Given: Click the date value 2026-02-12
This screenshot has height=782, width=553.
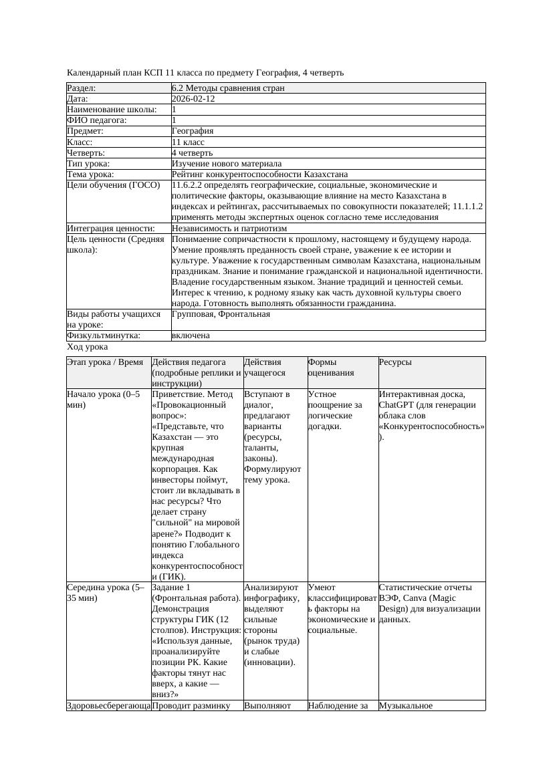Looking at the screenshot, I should coord(193,98).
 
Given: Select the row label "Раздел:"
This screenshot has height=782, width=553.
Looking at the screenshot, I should coord(82,88).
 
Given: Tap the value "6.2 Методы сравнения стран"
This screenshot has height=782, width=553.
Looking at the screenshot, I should coord(228,88).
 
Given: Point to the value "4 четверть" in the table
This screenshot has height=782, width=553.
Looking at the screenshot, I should coord(192,152).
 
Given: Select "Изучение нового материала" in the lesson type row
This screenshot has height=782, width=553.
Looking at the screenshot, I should coord(227,163).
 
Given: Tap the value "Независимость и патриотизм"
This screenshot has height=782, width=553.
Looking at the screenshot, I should coord(229,228).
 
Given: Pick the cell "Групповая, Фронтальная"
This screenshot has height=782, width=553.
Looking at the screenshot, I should coord(221,313).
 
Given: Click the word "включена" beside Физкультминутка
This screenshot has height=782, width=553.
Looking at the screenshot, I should coord(191,336).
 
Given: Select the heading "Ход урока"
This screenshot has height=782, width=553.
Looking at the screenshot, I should coord(88,347).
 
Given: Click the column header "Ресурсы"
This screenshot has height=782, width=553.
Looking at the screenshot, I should coord(395,362).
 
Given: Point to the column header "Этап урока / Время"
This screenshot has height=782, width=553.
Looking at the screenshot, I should coord(105,362).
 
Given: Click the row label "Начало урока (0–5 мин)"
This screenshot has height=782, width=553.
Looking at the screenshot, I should coord(104,400).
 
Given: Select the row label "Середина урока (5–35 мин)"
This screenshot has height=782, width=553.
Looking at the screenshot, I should coord(106,593).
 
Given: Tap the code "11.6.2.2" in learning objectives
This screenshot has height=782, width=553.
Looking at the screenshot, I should coord(189,185).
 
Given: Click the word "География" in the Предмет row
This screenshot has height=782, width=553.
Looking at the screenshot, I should coord(193,131).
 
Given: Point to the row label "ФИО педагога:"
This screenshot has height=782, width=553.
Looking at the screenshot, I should coord(97,120).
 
